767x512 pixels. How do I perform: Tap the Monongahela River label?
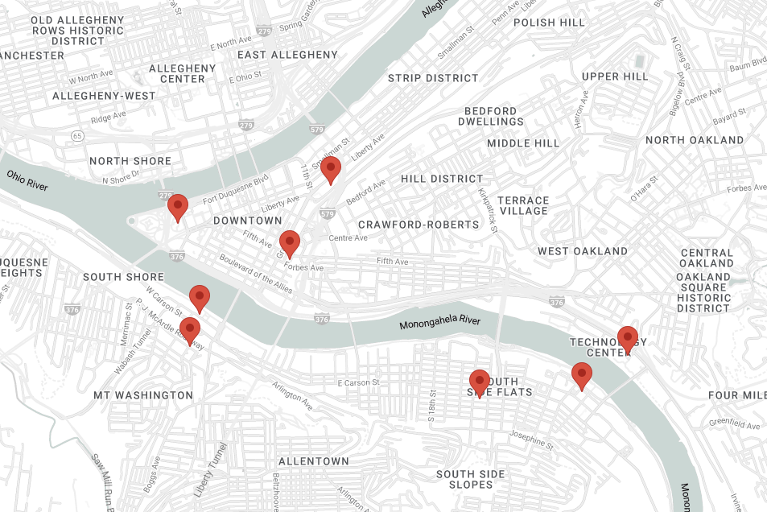439,323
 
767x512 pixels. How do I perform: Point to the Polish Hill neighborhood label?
549,23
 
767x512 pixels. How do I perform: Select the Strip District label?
433,78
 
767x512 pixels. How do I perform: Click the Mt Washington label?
143,395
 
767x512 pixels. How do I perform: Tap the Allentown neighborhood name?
314,461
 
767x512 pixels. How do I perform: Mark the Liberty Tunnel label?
212,470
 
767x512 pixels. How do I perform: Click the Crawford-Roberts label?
419,224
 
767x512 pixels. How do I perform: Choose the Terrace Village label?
523,205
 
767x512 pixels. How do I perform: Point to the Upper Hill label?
615,76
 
